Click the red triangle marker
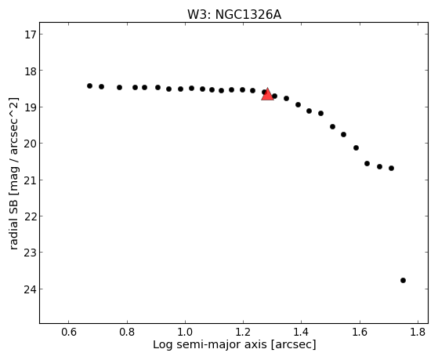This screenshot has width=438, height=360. point(268,94)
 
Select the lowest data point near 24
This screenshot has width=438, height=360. point(403,280)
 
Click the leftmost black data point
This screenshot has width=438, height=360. point(89,85)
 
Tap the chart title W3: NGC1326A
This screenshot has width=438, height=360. point(234,15)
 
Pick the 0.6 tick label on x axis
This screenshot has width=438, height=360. point(69,332)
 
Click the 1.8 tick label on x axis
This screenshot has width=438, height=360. point(418,332)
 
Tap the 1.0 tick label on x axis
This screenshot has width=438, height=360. point(185,332)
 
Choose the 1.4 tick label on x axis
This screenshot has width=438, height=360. point(302,332)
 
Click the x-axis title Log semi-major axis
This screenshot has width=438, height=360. point(210,344)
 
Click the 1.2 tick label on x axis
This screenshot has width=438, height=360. point(244,332)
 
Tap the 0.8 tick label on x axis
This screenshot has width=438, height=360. point(127,332)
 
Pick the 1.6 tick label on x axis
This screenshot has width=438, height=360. point(360,332)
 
